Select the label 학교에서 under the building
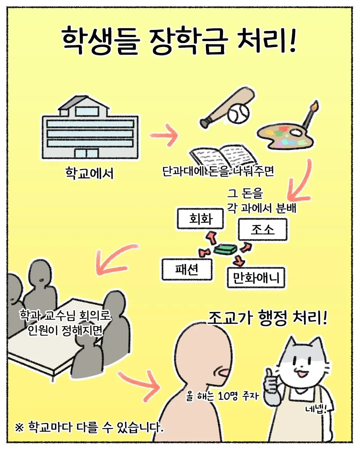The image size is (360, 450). tap(89, 173)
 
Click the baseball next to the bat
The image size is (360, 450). tap(238, 113)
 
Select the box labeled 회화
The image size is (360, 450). tap(200, 219)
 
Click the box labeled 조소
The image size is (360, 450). tap(263, 230)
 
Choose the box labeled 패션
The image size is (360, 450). tap(187, 269)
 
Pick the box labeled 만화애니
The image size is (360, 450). tap(256, 278)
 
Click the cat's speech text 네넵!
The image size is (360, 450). tap(315, 409)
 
